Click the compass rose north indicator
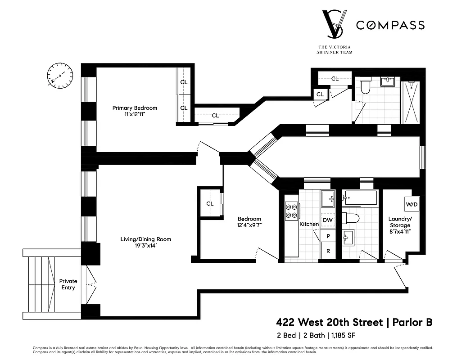coord(60,75)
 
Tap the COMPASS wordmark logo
coord(390,25)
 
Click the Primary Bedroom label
coord(135,108)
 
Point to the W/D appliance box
coord(412,204)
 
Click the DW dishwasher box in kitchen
coord(328,220)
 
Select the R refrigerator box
coord(328,251)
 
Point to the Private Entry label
coord(68,284)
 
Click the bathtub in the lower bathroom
coord(359,197)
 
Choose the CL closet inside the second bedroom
coord(210,203)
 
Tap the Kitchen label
coord(309,224)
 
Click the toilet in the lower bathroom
coord(351,219)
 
